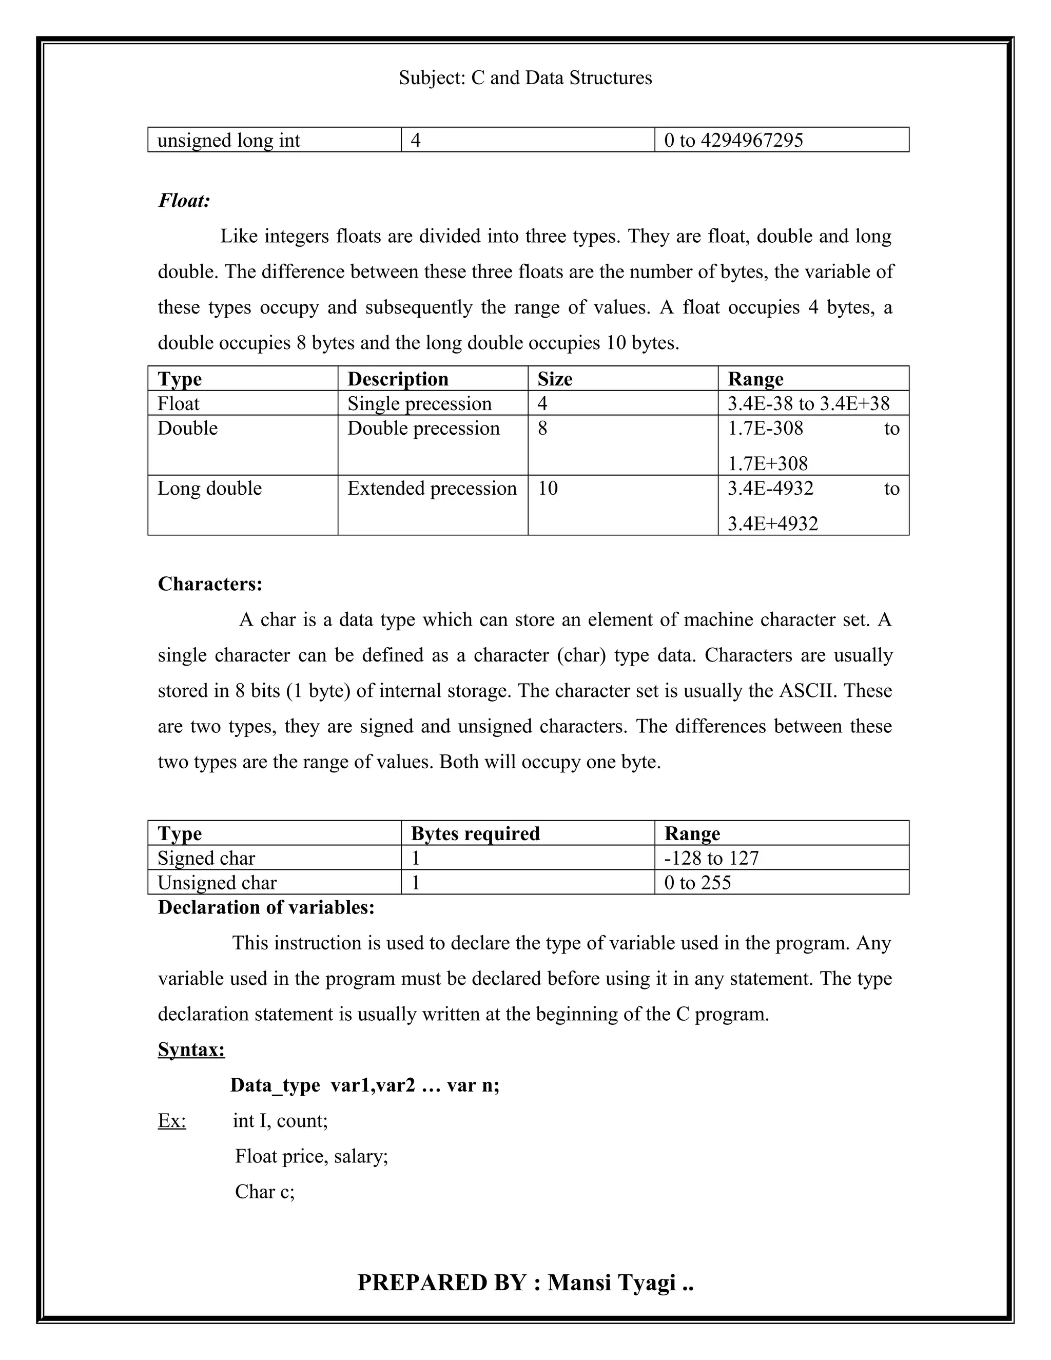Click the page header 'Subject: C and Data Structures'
tap(525, 78)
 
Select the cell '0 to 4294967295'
tap(733, 140)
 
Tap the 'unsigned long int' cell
tap(228, 140)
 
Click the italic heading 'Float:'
tap(184, 201)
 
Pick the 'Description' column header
tap(398, 379)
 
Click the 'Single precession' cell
tap(419, 403)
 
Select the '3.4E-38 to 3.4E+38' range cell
tap(808, 403)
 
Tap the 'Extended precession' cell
tap(432, 488)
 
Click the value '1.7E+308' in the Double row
tap(767, 463)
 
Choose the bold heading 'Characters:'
tap(210, 584)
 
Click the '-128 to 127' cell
tap(711, 858)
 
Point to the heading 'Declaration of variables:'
tap(266, 907)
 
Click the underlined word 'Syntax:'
tap(191, 1050)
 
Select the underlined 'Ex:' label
tap(172, 1121)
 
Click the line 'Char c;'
tap(265, 1192)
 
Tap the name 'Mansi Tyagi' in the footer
tap(611, 1283)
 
